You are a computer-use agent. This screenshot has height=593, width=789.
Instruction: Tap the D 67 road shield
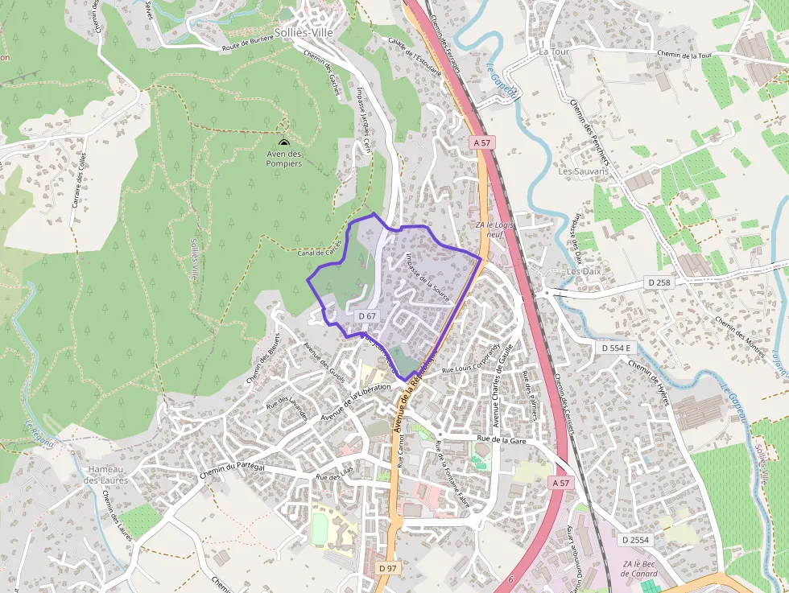(367, 316)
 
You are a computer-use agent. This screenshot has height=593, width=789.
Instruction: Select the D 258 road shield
(659, 282)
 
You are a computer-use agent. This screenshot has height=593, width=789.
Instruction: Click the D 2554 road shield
(635, 539)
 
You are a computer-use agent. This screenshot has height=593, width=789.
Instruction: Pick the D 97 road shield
(388, 568)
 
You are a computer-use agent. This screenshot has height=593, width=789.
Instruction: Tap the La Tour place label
(554, 51)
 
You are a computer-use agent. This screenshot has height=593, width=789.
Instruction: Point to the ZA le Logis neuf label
(495, 230)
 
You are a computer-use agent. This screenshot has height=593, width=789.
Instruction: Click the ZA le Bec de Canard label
(640, 569)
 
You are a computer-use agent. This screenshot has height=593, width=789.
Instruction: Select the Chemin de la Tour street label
(684, 56)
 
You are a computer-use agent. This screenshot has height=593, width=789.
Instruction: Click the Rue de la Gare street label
(501, 439)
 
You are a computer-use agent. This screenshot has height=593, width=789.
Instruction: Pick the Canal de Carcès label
(320, 252)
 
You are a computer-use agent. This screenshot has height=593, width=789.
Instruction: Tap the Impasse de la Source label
(429, 277)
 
